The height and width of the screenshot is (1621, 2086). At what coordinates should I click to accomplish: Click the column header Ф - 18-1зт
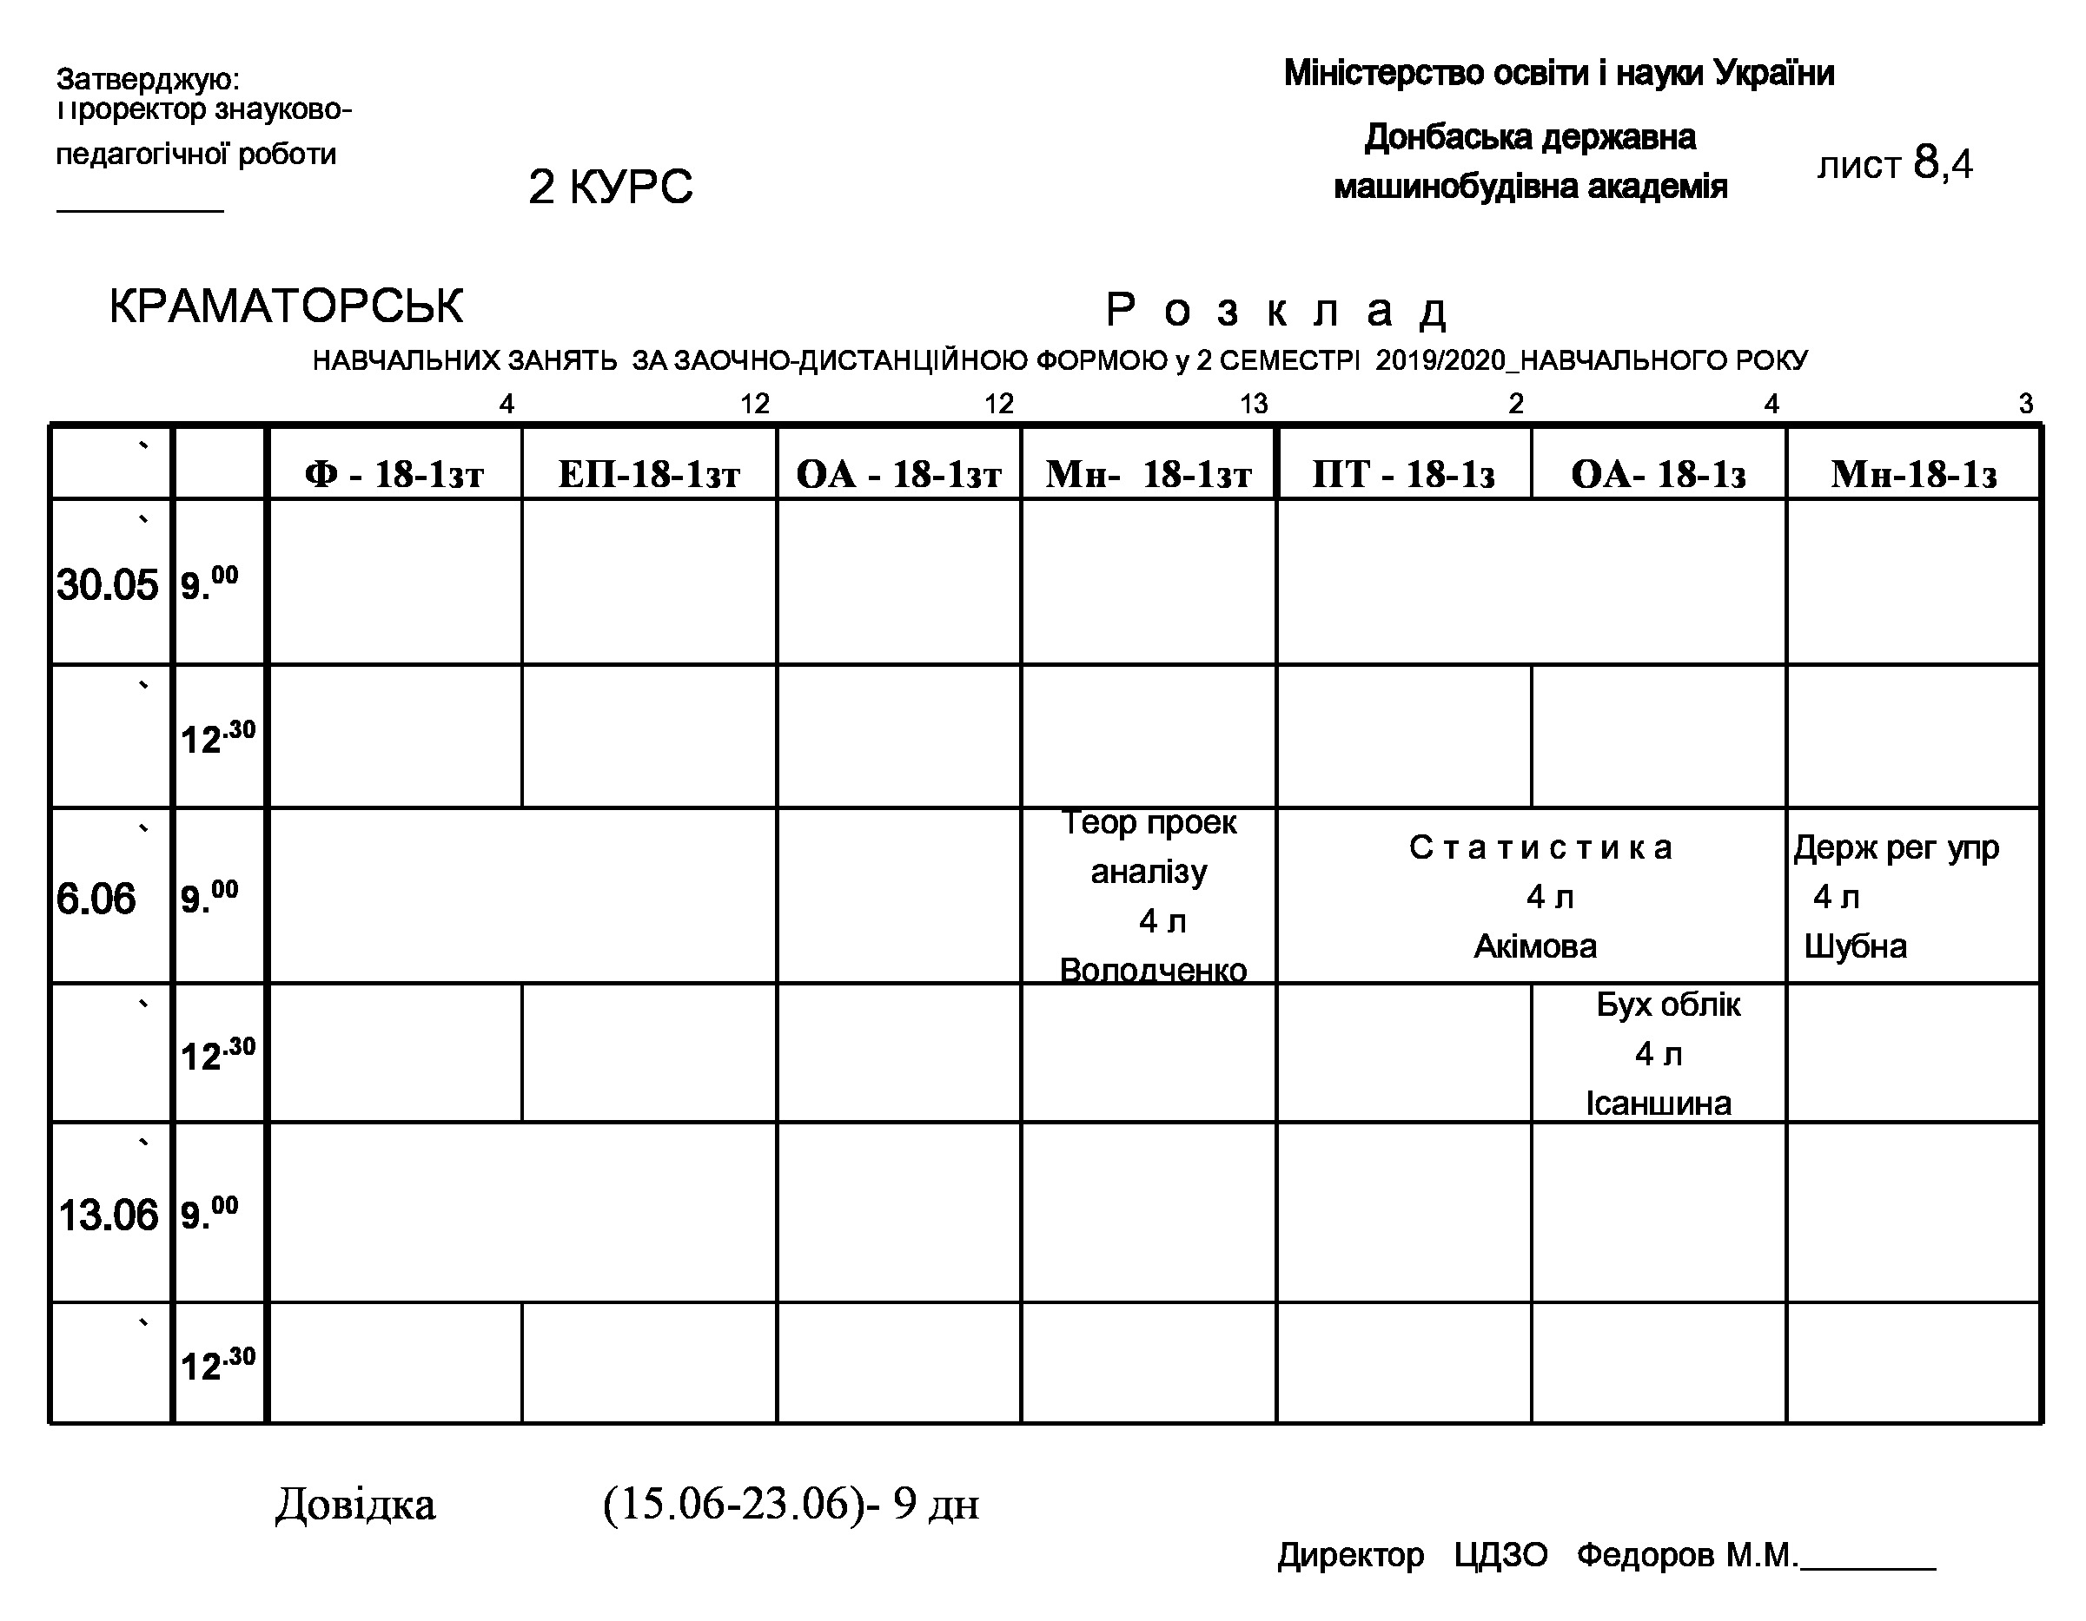[394, 473]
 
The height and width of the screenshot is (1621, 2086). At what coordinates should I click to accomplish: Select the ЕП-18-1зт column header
[650, 473]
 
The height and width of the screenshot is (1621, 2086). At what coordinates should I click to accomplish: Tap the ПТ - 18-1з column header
[1403, 473]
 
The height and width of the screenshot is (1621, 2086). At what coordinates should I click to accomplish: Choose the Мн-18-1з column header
[1914, 473]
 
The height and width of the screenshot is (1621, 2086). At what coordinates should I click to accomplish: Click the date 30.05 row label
[107, 584]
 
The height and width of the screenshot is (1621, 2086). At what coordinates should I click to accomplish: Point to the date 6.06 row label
[96, 899]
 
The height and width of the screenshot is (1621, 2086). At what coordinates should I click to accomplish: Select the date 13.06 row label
[108, 1216]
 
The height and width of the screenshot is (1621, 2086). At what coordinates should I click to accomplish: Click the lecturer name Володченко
[1153, 970]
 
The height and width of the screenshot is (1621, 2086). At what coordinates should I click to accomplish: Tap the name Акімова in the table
[1535, 946]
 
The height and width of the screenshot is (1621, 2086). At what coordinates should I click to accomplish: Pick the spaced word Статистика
[1540, 847]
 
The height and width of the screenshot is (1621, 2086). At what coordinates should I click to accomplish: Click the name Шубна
[1855, 946]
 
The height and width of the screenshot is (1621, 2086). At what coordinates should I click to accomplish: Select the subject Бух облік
[1667, 1005]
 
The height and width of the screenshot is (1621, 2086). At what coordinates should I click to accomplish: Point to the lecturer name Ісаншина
[1658, 1103]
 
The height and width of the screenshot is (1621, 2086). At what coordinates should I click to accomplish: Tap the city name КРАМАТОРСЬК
[286, 306]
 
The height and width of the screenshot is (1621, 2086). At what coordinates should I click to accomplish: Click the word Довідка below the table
[355, 1504]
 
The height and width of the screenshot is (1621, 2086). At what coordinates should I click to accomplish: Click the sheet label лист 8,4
[1894, 164]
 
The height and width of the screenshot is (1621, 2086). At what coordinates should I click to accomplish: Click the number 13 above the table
[1253, 404]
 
